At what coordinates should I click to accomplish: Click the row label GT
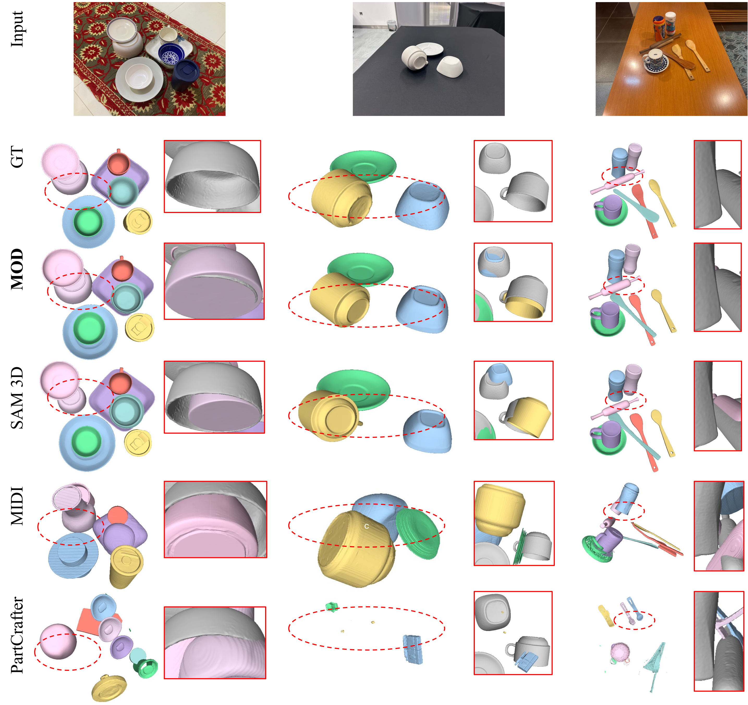[17, 157]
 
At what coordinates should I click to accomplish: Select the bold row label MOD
[17, 269]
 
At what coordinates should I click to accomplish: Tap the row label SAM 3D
[17, 398]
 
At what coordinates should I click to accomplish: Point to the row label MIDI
[17, 506]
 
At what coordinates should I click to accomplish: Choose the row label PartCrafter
[17, 635]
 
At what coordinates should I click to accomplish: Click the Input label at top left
[17, 29]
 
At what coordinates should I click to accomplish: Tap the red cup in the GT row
[119, 163]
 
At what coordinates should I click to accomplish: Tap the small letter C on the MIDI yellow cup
[367, 526]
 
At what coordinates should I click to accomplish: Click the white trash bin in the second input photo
[391, 25]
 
